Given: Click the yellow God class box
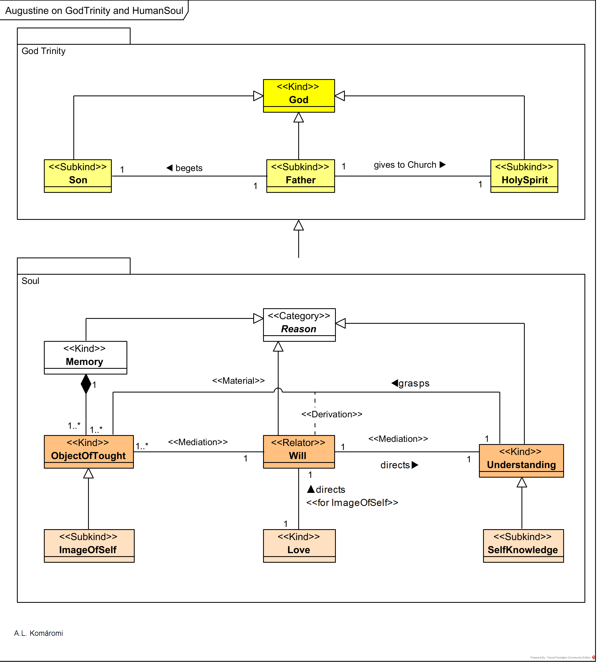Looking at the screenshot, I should coord(298,95).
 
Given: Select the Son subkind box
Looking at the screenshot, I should coord(78,176).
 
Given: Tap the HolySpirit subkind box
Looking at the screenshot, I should coord(524,176).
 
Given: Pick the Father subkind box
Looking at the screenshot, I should coord(300,176).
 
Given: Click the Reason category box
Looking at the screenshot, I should coord(299,325).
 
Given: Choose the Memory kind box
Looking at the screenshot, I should coord(85,357).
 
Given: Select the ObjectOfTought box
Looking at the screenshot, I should coord(89,452).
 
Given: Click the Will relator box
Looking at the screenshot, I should coord(298,452).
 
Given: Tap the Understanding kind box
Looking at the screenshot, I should coord(521,460).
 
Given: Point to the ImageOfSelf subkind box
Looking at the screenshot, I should coord(89,546).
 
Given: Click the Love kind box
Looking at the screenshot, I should coord(299,546).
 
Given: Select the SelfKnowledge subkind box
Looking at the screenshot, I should coord(523,546).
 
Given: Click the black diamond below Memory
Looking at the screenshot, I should coord(86,384).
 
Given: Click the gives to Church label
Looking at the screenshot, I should coord(405,165).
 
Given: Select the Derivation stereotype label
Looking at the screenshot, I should coord(332,414).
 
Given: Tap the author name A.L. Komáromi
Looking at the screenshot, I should coord(38,633).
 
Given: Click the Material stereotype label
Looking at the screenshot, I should coord(238,381).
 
